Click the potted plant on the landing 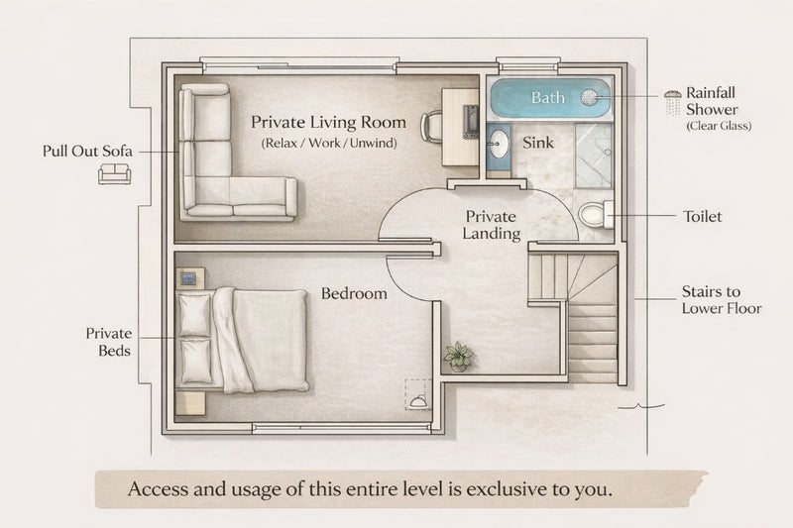(459, 357)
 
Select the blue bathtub (551, 97)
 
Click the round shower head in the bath (589, 97)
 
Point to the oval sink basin (498, 143)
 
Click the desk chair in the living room (431, 126)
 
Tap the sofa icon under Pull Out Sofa (114, 173)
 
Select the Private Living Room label (329, 122)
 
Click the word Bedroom (354, 293)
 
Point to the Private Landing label (491, 225)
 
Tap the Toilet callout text (703, 217)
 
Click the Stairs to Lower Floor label (722, 299)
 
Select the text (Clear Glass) (719, 126)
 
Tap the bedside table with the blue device (190, 278)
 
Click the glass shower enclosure (594, 156)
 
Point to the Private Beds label (108, 342)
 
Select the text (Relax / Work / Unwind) (329, 143)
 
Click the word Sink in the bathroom (538, 143)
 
